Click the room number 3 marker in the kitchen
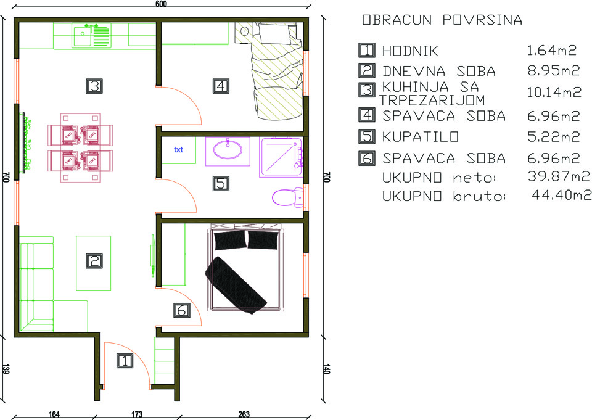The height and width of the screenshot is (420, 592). pyautogui.click(x=94, y=86)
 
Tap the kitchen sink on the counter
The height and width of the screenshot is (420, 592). pyautogui.click(x=92, y=36)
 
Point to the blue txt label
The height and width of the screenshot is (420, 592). pyautogui.click(x=178, y=150)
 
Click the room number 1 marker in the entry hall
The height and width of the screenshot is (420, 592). pyautogui.click(x=124, y=361)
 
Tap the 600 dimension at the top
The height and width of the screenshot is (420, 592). pyautogui.click(x=161, y=4)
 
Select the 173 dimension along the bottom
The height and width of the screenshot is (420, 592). pyautogui.click(x=137, y=414)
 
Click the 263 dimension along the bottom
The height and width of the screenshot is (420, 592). pyautogui.click(x=244, y=414)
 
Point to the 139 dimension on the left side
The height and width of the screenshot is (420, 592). pyautogui.click(x=6, y=369)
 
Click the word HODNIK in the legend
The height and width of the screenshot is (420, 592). pyautogui.click(x=410, y=51)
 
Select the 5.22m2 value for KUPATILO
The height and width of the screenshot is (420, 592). pyautogui.click(x=553, y=136)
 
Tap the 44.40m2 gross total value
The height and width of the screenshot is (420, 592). pyautogui.click(x=561, y=195)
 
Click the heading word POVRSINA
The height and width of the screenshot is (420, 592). pyautogui.click(x=482, y=20)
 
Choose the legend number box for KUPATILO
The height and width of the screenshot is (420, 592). pyautogui.click(x=366, y=136)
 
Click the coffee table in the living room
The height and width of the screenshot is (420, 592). pyautogui.click(x=94, y=263)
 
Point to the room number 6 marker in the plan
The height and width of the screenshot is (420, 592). pyautogui.click(x=181, y=310)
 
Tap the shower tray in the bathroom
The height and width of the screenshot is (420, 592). pyautogui.click(x=281, y=157)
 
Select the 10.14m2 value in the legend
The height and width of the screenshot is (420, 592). pyautogui.click(x=554, y=92)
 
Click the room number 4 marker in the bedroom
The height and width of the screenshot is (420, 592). pyautogui.click(x=221, y=86)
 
